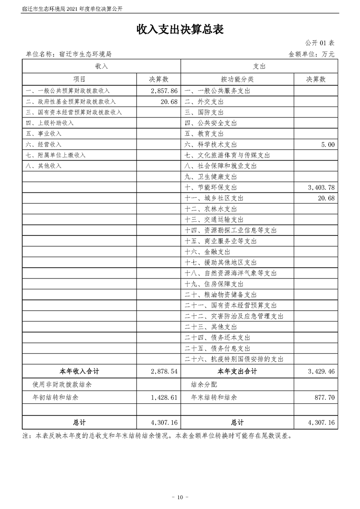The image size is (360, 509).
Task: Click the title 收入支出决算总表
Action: pos(180,29)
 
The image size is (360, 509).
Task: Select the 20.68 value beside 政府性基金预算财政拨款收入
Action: pos(168,102)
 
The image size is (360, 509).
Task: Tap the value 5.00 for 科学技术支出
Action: pos(327,144)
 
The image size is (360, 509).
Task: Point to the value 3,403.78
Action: pos(321,187)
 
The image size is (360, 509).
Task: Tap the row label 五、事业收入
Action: pos(44,134)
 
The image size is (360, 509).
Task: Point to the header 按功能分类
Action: pos(237,79)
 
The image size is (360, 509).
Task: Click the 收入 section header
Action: pos(102,66)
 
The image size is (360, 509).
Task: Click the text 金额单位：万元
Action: pos(311,54)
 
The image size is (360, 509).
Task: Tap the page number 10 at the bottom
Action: pos(180,498)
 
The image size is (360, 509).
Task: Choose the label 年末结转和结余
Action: pos(214,397)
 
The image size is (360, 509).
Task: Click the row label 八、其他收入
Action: pos(44,166)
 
